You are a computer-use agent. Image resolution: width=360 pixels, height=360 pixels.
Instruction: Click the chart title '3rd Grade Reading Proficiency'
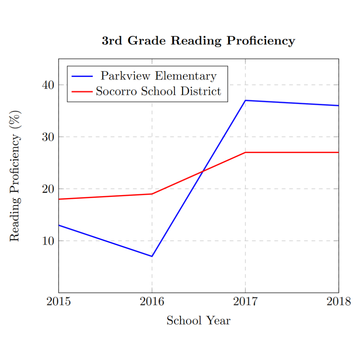tap(198, 41)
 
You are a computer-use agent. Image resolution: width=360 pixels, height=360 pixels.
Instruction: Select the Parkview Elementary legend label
tap(158, 76)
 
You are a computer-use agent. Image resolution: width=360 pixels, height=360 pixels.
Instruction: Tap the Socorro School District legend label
tap(158, 91)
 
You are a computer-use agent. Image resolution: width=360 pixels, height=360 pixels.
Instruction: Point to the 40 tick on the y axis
tap(48, 85)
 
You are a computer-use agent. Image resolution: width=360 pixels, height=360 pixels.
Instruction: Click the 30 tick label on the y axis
tap(48, 137)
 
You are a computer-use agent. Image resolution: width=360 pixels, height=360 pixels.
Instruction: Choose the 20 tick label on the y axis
tap(48, 189)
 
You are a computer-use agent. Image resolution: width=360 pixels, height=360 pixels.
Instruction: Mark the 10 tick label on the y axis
tap(48, 241)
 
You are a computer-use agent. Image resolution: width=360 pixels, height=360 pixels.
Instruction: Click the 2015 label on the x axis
tap(58, 302)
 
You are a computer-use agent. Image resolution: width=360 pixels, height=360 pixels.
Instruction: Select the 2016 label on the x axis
tap(152, 302)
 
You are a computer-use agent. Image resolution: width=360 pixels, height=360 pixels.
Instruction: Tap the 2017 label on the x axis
tap(245, 302)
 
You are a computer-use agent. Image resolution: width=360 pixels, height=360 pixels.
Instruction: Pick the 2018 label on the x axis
tap(338, 302)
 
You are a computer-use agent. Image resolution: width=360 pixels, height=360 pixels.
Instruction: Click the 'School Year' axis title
tap(198, 321)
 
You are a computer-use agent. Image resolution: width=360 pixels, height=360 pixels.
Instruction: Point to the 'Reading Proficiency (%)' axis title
tap(15, 175)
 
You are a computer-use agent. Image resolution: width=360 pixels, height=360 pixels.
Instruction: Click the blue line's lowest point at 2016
tap(152, 256)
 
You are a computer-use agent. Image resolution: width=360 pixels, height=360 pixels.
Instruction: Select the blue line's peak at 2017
tap(245, 100)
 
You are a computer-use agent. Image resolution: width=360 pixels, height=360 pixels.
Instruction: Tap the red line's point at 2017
tap(245, 152)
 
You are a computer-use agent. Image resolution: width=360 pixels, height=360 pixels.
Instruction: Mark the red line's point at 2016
tap(152, 194)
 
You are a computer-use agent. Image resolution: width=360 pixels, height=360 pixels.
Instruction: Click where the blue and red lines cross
tap(203, 171)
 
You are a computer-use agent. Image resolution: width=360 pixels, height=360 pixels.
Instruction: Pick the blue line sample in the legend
tap(82, 76)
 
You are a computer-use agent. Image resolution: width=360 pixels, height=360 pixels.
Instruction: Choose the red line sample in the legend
tap(82, 91)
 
